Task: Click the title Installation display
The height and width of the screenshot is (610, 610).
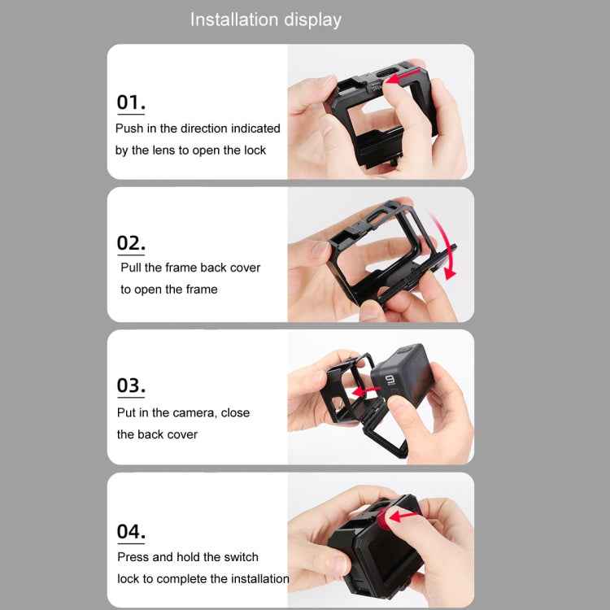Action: coord(266,20)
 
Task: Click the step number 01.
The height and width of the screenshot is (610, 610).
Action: coord(131,102)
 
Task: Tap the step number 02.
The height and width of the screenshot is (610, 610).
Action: coord(131,243)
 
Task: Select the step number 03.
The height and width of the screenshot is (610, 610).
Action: coord(131,386)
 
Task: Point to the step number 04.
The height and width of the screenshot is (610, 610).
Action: coord(131,532)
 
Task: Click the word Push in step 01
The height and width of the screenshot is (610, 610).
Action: coord(129,129)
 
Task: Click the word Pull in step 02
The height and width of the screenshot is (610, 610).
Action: coord(132,268)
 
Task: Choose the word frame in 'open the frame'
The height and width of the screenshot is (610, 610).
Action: coord(201,290)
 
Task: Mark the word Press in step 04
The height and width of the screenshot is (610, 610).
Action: coord(133,557)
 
